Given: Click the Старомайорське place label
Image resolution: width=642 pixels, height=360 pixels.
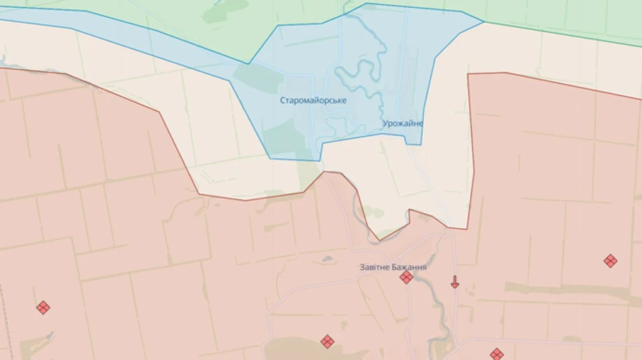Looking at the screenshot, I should click(313, 101).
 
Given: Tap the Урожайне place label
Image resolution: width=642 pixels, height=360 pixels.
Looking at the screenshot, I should click(402, 123).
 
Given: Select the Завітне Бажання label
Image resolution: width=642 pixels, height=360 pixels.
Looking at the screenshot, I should click(393, 267).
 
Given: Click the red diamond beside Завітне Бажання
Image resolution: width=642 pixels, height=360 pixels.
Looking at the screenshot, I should click(406, 277).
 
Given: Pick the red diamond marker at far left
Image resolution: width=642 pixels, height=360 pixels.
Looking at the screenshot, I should click(43, 307).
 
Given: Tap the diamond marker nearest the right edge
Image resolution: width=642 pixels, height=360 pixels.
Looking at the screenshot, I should click(610, 261).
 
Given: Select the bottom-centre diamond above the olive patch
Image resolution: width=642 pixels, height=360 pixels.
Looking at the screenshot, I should click(327, 341).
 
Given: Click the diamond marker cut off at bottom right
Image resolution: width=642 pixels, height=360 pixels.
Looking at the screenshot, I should click(496, 354).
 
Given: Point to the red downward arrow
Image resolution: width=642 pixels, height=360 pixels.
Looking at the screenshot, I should click(454, 282).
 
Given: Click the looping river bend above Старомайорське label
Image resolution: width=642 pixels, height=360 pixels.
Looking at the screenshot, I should click(357, 75).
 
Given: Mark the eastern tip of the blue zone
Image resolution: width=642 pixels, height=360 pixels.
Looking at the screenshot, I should click(483, 21).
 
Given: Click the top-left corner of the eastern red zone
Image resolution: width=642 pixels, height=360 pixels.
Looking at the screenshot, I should click(469, 74).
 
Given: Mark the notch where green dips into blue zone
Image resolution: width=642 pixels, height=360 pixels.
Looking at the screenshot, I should click(249, 63).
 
